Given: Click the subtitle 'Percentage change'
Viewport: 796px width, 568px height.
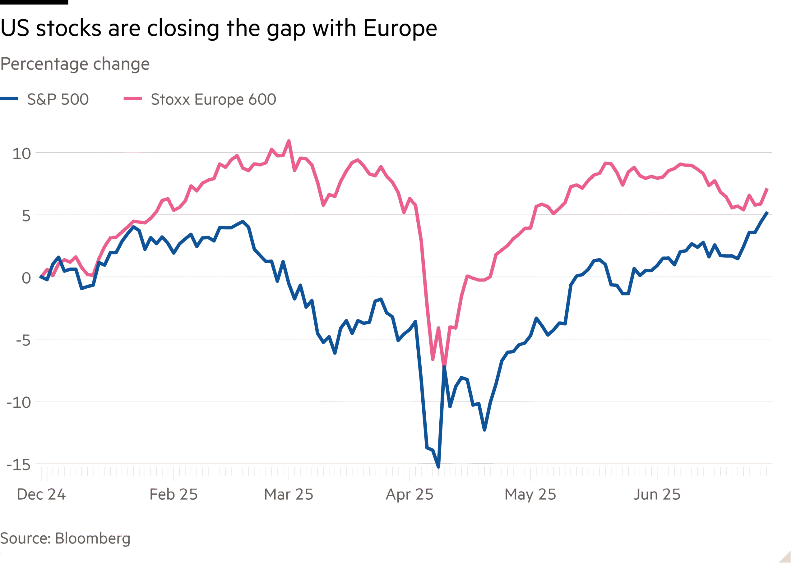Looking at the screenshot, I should [x=75, y=64].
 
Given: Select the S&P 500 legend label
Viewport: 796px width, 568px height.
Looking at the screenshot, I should [x=58, y=99].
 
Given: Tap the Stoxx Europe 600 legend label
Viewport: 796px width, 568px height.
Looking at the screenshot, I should [x=213, y=99].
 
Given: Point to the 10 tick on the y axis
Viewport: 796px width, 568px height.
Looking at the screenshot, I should [x=22, y=154].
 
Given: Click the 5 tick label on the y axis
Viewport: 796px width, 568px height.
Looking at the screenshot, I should [x=26, y=216].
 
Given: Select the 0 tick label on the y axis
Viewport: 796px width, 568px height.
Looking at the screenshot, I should [x=26, y=278].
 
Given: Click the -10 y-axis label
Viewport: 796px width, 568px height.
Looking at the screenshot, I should [x=20, y=403].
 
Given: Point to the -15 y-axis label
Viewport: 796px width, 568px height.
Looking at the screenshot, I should [x=19, y=465].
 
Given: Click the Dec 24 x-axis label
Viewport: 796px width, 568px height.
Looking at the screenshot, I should [x=41, y=494].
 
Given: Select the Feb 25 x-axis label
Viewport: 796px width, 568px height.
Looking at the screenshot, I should [x=174, y=494].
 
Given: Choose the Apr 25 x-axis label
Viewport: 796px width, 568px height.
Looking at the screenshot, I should [x=410, y=494].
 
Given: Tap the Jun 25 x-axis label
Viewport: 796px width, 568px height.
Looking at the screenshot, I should [x=657, y=494].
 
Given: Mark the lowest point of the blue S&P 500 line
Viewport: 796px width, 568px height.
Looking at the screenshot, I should [x=438, y=467].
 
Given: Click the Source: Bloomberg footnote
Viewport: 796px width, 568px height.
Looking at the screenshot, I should [x=65, y=538].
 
